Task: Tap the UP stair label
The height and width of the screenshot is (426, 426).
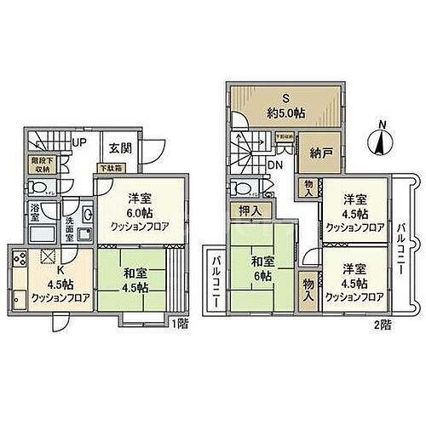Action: point(79,142)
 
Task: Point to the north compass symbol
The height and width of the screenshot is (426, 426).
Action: point(378,139)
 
